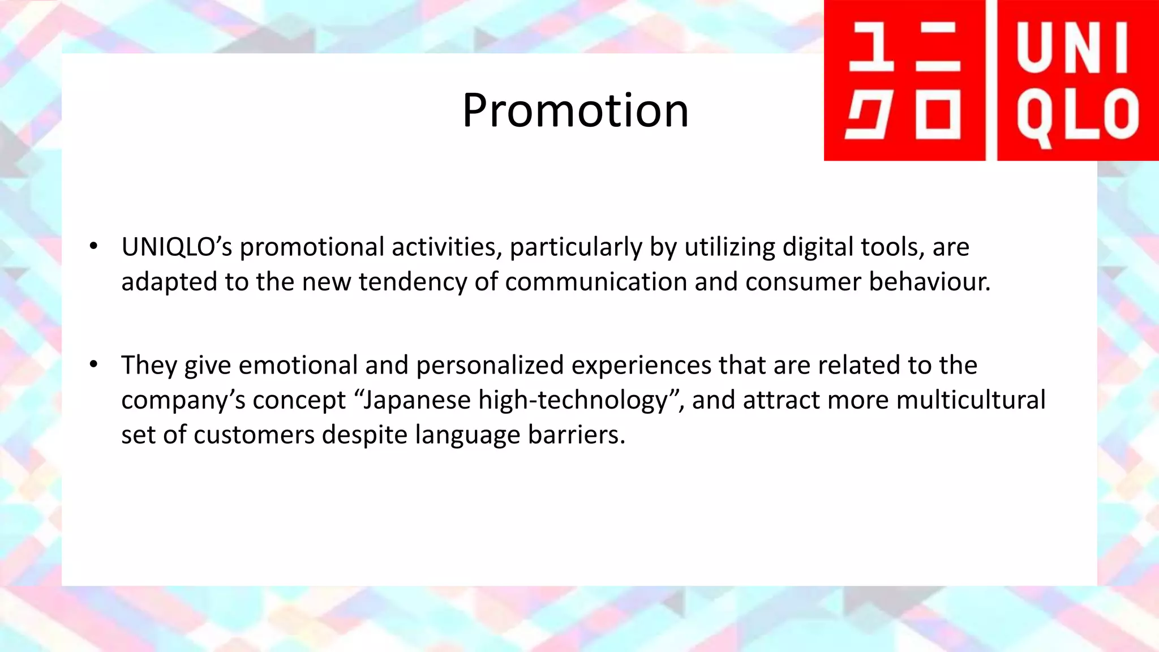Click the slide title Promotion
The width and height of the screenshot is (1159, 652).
point(575,110)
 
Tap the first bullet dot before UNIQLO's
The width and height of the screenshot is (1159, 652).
point(93,247)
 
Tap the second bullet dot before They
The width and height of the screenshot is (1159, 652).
point(93,364)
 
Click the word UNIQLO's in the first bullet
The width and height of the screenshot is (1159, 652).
point(177,247)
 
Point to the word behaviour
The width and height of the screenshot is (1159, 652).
point(929,282)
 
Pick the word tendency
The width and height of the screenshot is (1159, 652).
point(413,282)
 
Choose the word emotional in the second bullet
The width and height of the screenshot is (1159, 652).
point(298,365)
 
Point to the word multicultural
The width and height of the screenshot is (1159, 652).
point(971,400)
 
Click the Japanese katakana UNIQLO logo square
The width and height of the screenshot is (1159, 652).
point(904,80)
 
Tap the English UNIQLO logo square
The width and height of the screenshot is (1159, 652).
point(1078,80)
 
